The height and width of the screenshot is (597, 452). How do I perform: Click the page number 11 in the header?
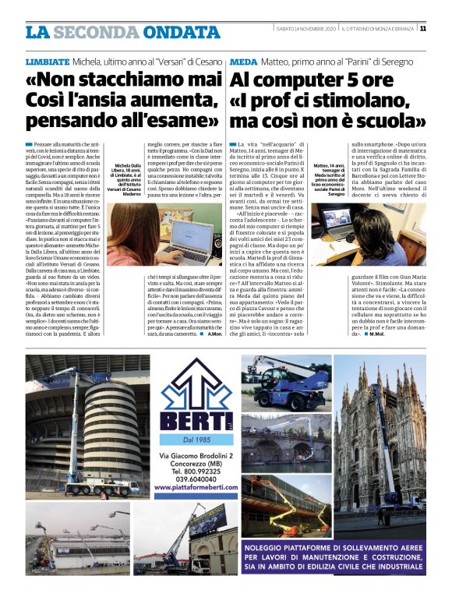point(422,30)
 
